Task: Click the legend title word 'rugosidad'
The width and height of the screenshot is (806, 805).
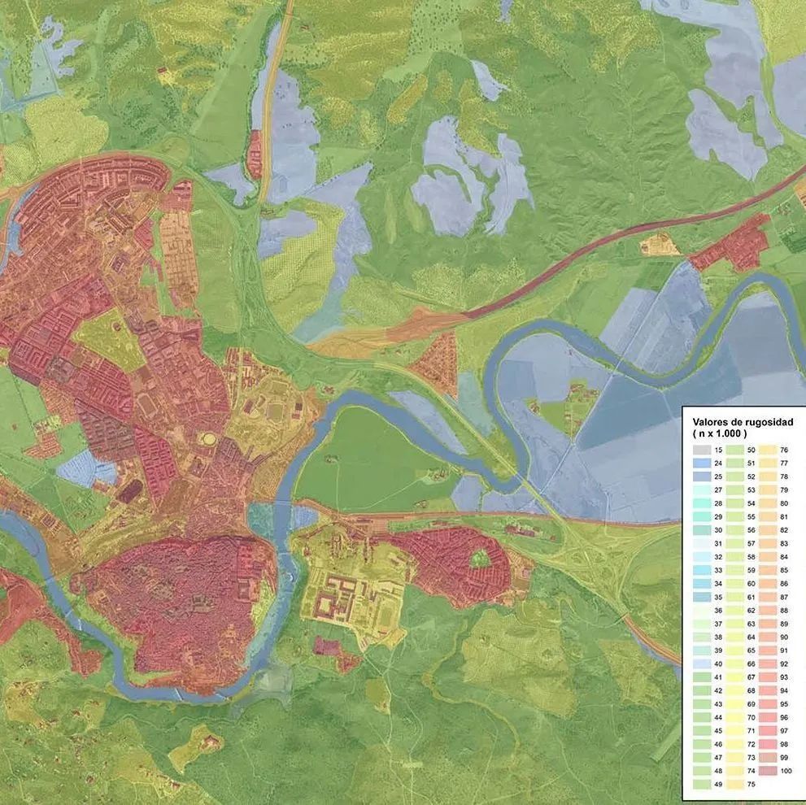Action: [766, 422]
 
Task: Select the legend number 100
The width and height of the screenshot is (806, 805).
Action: [785, 771]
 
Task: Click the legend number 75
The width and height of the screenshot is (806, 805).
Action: [752, 785]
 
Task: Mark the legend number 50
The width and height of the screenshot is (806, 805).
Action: [752, 450]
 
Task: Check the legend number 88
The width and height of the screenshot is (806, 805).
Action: [785, 611]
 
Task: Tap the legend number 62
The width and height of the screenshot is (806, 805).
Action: [752, 611]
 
